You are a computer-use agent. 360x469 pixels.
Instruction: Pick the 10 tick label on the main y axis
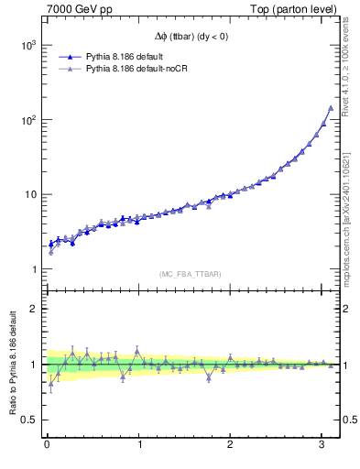(x=30, y=194)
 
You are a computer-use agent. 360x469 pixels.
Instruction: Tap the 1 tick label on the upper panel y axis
(x=34, y=269)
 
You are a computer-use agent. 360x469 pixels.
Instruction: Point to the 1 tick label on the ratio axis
(x=34, y=365)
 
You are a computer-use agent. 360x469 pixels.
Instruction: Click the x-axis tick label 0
(x=47, y=444)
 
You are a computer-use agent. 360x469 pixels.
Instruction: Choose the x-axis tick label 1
(x=138, y=444)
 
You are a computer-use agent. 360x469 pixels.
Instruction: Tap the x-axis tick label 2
(x=230, y=444)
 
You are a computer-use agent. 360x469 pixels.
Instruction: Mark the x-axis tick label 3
(x=322, y=444)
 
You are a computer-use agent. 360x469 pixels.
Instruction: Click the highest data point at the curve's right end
(x=331, y=108)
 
